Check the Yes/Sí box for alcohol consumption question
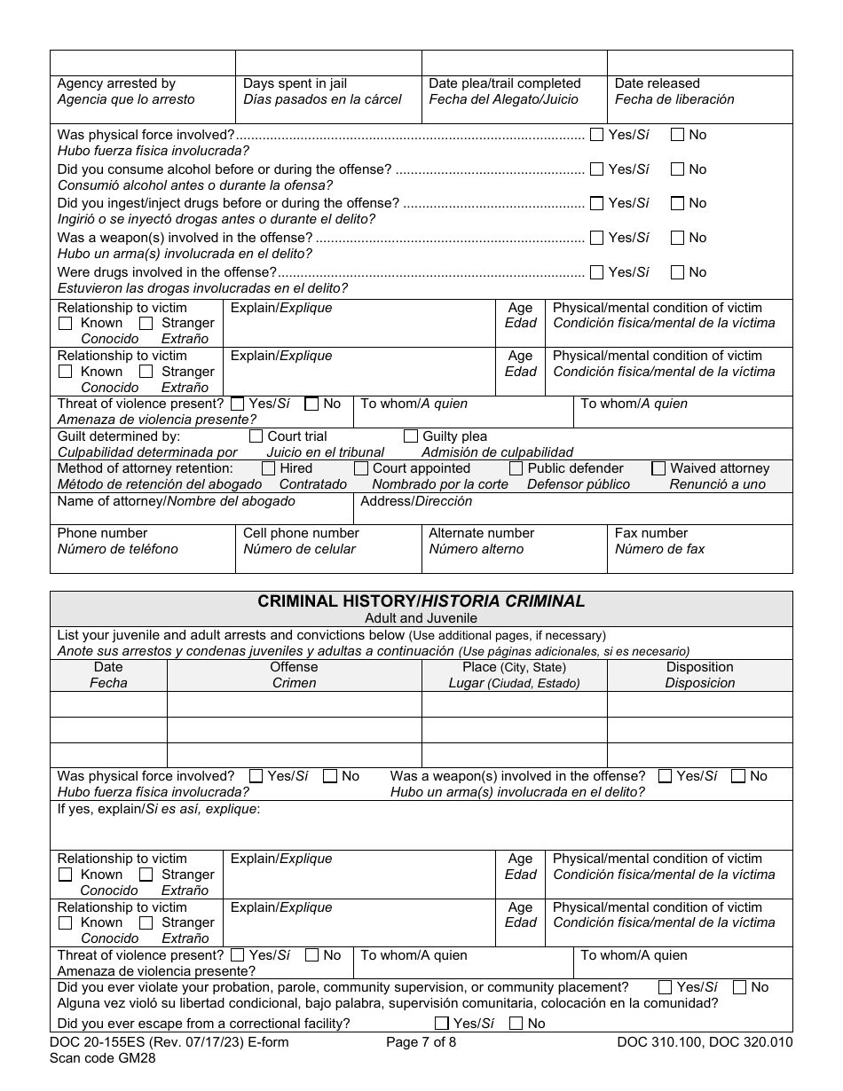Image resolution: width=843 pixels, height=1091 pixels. click(596, 169)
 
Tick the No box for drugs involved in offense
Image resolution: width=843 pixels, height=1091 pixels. click(677, 272)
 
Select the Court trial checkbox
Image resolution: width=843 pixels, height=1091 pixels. click(256, 436)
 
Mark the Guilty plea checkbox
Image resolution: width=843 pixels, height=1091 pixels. click(411, 436)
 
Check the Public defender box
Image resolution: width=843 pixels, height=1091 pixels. click(516, 468)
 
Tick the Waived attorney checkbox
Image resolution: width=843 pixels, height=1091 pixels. click(658, 468)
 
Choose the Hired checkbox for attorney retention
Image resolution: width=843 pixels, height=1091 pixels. click(268, 468)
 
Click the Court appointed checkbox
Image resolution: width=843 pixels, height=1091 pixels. click(361, 468)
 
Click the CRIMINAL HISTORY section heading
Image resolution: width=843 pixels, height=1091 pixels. click(421, 601)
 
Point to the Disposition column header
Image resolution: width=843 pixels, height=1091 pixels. click(699, 667)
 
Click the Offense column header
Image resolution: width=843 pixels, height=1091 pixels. click(294, 667)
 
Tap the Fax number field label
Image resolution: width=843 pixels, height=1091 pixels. click(650, 533)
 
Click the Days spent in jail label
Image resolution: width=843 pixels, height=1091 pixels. click(295, 83)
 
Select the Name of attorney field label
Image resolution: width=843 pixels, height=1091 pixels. click(176, 501)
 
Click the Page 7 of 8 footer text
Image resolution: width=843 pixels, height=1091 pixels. click(421, 1042)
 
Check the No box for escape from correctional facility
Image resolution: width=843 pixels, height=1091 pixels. click(516, 1024)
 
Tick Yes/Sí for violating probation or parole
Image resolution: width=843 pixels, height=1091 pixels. click(665, 987)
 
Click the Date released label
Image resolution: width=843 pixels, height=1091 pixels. click(657, 83)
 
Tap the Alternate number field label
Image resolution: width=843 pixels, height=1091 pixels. click(481, 533)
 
